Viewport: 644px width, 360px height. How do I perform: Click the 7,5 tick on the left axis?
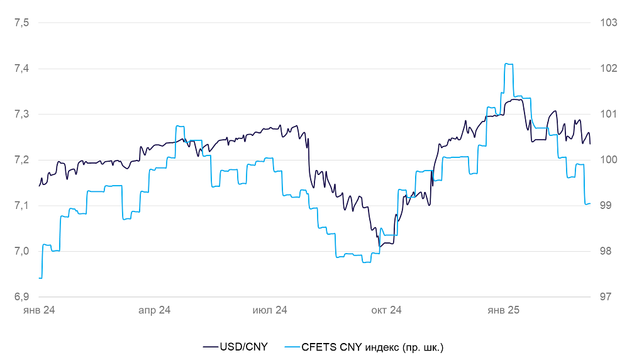coord(21,23)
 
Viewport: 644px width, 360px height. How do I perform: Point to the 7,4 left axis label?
coord(21,69)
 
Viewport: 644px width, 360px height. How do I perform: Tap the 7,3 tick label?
coord(21,115)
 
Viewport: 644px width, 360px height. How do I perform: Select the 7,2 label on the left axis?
coord(21,160)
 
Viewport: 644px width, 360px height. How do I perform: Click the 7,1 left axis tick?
coord(21,206)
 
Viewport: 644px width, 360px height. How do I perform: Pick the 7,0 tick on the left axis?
coord(21,251)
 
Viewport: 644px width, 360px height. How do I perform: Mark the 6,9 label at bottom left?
coord(21,297)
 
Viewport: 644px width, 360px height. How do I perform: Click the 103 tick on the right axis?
coord(609,23)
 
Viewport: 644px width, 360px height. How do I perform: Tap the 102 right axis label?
coord(609,69)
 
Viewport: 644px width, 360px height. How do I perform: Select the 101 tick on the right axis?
coord(609,115)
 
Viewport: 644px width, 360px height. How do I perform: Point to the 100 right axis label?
coord(609,160)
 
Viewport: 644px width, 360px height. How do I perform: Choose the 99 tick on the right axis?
coord(607,206)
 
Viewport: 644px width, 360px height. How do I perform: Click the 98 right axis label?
coord(607,251)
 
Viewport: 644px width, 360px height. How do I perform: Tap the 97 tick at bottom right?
coord(607,297)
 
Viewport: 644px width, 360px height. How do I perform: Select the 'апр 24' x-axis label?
coord(154,310)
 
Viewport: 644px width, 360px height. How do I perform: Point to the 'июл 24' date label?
coord(270,310)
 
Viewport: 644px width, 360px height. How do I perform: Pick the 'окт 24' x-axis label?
coord(386,310)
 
